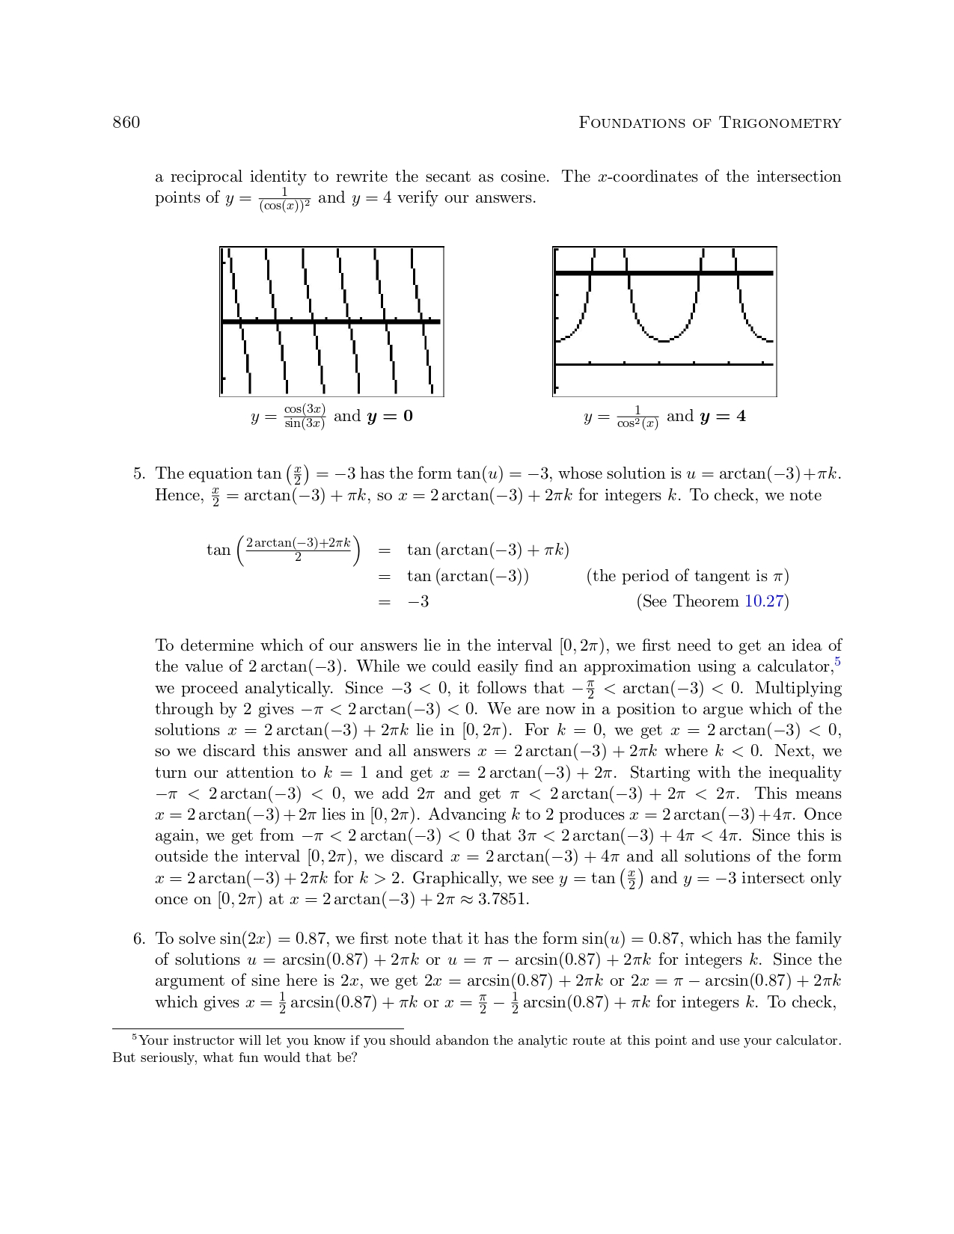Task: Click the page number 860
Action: [x=126, y=123]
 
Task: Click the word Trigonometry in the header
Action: [x=780, y=123]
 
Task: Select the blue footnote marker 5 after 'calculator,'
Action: [x=838, y=662]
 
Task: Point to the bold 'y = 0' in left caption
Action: [x=389, y=417]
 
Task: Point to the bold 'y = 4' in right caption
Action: [x=722, y=417]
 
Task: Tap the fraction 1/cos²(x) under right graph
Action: [x=637, y=417]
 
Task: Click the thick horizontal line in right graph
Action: [x=664, y=273]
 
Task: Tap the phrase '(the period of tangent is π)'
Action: [x=688, y=576]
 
